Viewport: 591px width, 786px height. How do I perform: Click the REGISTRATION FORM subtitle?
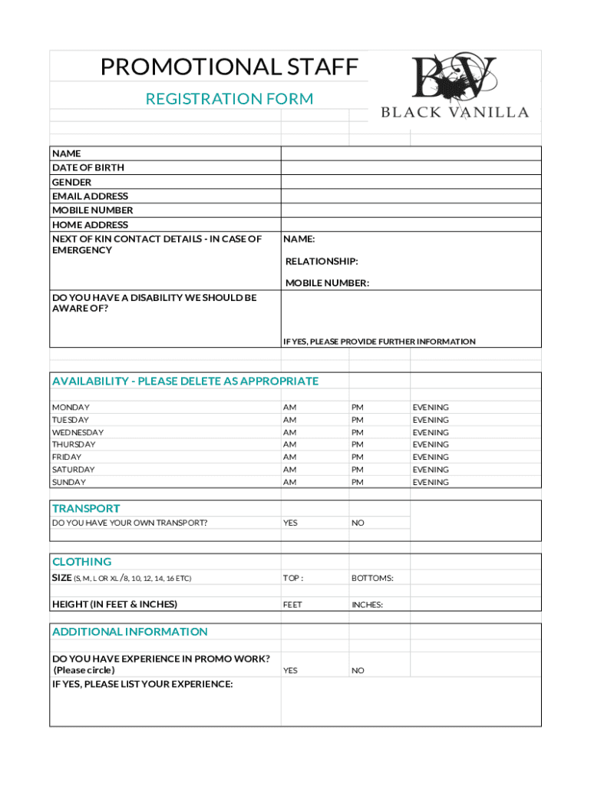coord(229,98)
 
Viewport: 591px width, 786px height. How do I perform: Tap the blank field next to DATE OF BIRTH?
coord(411,167)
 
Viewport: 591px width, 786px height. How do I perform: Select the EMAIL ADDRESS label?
coord(90,196)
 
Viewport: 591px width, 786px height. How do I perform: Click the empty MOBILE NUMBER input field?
coord(411,210)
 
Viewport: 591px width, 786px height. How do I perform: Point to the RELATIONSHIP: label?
coord(322,261)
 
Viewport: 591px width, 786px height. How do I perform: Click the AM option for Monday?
coord(289,408)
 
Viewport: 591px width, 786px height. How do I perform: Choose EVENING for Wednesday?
coord(431,432)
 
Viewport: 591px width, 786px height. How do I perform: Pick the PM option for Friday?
coord(358,457)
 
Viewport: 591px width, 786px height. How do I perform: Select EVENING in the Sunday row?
coord(431,482)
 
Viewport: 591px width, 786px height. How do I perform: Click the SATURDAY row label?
coord(73,469)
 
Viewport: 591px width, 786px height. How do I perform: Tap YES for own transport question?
coord(290,523)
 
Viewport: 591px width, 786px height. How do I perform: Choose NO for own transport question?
coord(358,523)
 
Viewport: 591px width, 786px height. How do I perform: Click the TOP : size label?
coord(292,578)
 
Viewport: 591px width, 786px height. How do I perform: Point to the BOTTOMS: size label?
coord(372,578)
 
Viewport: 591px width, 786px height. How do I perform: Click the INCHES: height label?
coord(367,605)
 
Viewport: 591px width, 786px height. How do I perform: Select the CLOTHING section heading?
coord(81,562)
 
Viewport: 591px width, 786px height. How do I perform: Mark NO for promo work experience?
coord(358,670)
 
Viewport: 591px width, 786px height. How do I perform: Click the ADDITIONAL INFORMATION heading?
coord(130,632)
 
